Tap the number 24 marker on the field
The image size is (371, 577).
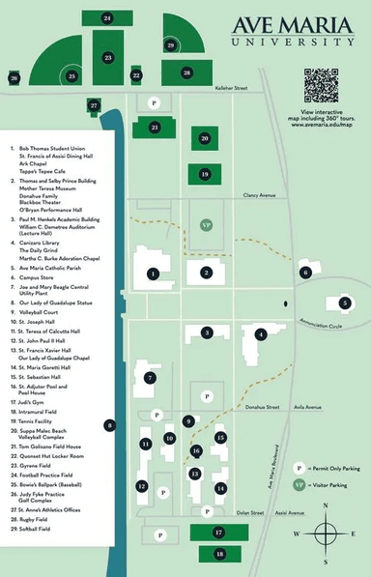click(106, 18)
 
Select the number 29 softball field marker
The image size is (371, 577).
click(171, 44)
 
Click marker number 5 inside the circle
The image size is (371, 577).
click(345, 303)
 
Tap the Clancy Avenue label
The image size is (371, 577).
click(260, 194)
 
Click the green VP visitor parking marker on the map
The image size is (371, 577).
click(206, 224)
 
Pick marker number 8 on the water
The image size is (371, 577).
click(110, 424)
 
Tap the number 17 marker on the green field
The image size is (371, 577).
click(218, 532)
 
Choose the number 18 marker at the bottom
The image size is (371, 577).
click(219, 554)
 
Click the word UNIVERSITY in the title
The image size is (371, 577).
click(292, 43)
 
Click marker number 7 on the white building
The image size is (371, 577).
click(150, 377)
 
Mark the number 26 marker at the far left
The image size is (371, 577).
click(14, 77)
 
